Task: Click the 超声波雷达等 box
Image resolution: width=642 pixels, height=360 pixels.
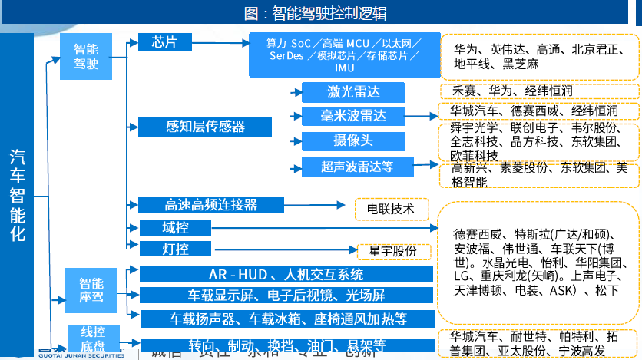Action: (x=357, y=165)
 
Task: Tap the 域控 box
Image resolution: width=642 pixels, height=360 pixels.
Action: (x=175, y=227)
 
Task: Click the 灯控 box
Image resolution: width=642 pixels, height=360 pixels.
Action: (x=175, y=249)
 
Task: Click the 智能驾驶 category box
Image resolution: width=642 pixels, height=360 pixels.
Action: (x=86, y=56)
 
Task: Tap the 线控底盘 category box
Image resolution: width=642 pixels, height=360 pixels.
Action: (x=94, y=339)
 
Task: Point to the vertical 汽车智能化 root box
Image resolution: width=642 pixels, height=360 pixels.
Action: (x=18, y=196)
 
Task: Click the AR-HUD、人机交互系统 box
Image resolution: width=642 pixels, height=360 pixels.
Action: (x=286, y=274)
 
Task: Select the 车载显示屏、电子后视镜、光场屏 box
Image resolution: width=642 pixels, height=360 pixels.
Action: (x=286, y=296)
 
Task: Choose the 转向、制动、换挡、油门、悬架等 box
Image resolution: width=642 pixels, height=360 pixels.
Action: (x=286, y=344)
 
